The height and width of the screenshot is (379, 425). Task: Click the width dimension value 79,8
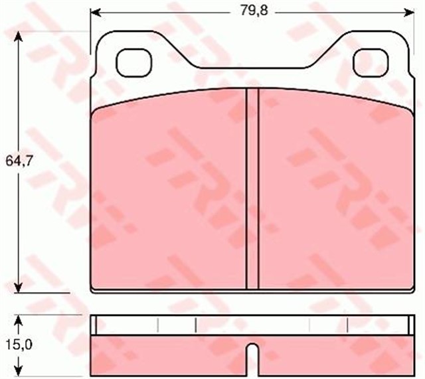249,11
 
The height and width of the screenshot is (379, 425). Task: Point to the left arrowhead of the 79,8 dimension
95,12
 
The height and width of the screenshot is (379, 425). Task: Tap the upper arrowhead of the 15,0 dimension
21,321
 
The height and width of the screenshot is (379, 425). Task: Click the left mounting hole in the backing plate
132,64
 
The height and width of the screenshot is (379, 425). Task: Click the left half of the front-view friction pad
169,192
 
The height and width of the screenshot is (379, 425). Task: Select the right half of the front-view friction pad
332,192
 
